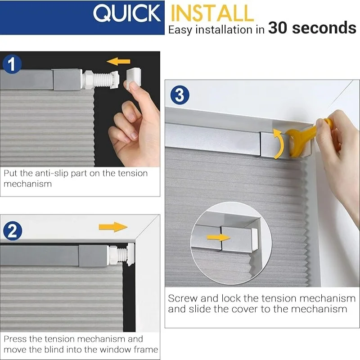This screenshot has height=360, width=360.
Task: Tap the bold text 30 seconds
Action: click(312, 28)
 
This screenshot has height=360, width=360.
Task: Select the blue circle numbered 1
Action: click(12, 64)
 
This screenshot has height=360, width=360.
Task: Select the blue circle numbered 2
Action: click(12, 231)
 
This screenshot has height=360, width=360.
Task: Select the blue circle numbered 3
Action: click(180, 95)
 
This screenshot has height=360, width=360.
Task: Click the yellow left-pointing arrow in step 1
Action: click(119, 61)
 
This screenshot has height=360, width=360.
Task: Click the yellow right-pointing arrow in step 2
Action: click(113, 226)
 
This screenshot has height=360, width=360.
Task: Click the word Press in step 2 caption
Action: click(16, 339)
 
